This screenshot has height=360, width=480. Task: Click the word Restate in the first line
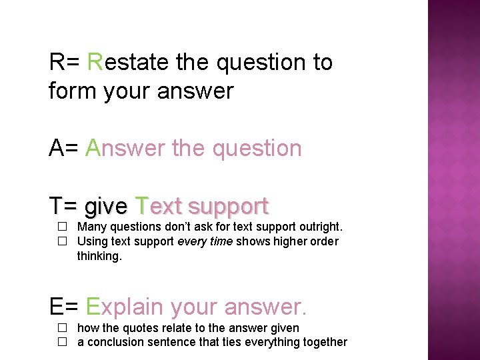click(x=127, y=62)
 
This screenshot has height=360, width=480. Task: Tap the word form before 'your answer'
click(x=73, y=91)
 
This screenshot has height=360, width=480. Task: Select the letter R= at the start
click(x=64, y=62)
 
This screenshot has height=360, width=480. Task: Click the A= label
click(x=64, y=148)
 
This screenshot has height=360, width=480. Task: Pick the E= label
click(x=64, y=306)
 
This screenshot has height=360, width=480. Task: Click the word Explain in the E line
click(x=125, y=307)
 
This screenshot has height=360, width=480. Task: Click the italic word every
click(x=191, y=242)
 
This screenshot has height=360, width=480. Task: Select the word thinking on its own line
click(x=99, y=256)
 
